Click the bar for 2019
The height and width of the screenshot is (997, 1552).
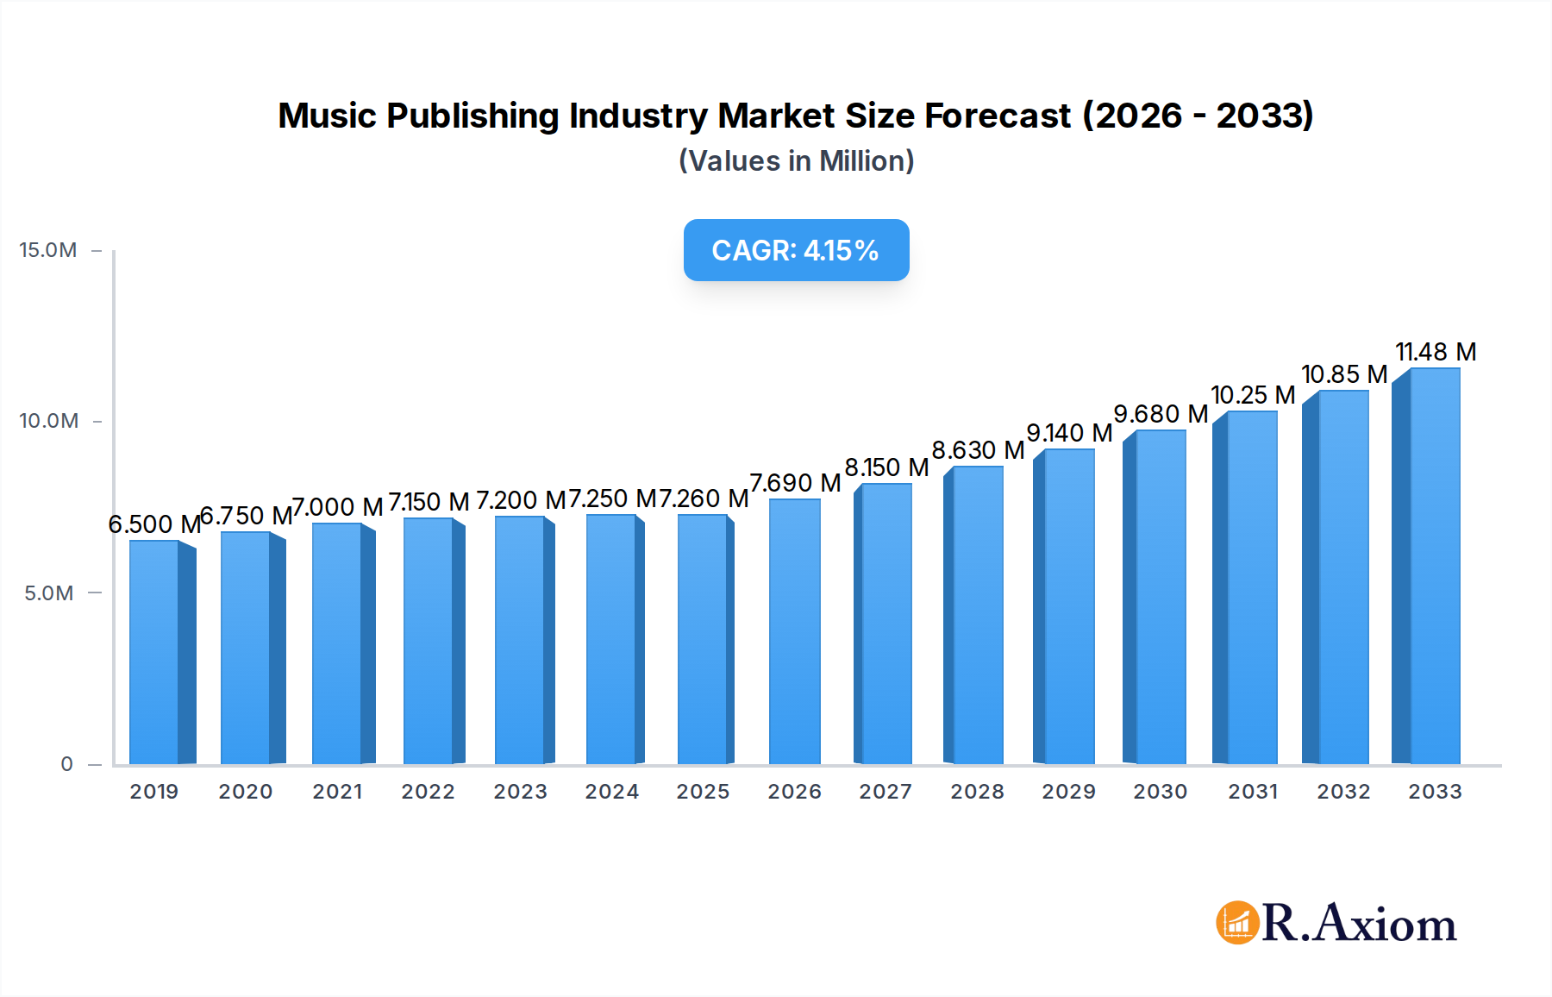click(x=155, y=652)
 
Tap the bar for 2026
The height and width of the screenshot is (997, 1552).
click(x=794, y=631)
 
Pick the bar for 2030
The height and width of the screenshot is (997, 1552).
click(x=1160, y=597)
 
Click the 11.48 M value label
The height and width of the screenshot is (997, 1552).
click(x=1436, y=352)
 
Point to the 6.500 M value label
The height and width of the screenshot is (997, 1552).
click(x=154, y=524)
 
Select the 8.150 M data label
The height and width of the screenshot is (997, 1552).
click(x=886, y=467)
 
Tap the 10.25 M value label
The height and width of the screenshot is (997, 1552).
click(x=1253, y=395)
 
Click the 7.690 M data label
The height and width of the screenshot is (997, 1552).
click(x=795, y=483)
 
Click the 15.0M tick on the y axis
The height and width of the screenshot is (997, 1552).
click(x=48, y=250)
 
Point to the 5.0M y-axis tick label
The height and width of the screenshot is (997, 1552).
click(x=48, y=593)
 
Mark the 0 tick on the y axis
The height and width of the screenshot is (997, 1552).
click(x=66, y=764)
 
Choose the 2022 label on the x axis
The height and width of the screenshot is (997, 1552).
click(x=429, y=792)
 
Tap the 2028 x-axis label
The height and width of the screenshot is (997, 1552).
click(x=977, y=792)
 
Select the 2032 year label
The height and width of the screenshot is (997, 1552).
click(x=1343, y=792)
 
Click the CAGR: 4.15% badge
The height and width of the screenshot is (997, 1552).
click(x=796, y=250)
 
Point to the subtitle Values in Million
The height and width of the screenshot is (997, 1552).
click(x=796, y=161)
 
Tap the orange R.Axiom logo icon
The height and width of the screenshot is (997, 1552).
click(x=1237, y=923)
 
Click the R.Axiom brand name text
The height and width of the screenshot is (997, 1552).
click(x=1360, y=923)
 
